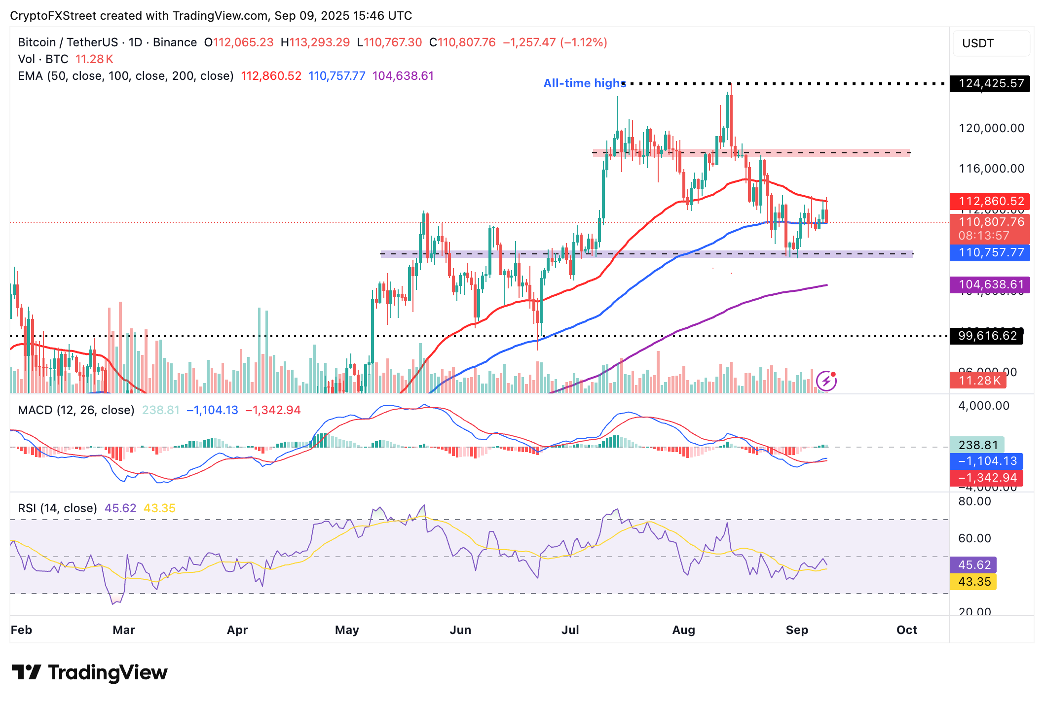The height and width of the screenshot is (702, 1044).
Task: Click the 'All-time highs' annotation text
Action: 584,83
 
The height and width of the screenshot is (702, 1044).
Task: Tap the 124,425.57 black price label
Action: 991,83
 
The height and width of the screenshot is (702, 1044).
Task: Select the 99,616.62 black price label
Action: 987,336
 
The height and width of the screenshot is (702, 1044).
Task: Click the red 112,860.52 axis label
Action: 991,201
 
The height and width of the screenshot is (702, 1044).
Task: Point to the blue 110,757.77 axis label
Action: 991,253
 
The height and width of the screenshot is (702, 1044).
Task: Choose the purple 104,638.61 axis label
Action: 991,284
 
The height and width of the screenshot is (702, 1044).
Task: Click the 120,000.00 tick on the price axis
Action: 991,128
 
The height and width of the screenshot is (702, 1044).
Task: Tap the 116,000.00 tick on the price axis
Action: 991,169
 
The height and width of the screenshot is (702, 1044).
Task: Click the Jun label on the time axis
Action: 460,630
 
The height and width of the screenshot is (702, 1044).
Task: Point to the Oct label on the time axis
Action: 906,630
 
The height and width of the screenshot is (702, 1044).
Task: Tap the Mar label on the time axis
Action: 123,630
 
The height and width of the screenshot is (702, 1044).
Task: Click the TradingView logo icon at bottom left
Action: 27,672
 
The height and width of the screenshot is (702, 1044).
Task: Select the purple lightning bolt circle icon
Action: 826,381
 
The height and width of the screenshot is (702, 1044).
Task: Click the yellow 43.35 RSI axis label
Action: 974,582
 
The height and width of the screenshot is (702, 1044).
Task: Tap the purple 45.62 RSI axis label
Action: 974,565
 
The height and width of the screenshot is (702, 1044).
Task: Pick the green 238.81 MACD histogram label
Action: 977,445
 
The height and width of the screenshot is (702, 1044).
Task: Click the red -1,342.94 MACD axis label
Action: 987,478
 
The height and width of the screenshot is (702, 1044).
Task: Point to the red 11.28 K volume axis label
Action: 979,381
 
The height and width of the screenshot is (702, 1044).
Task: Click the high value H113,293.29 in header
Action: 315,42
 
